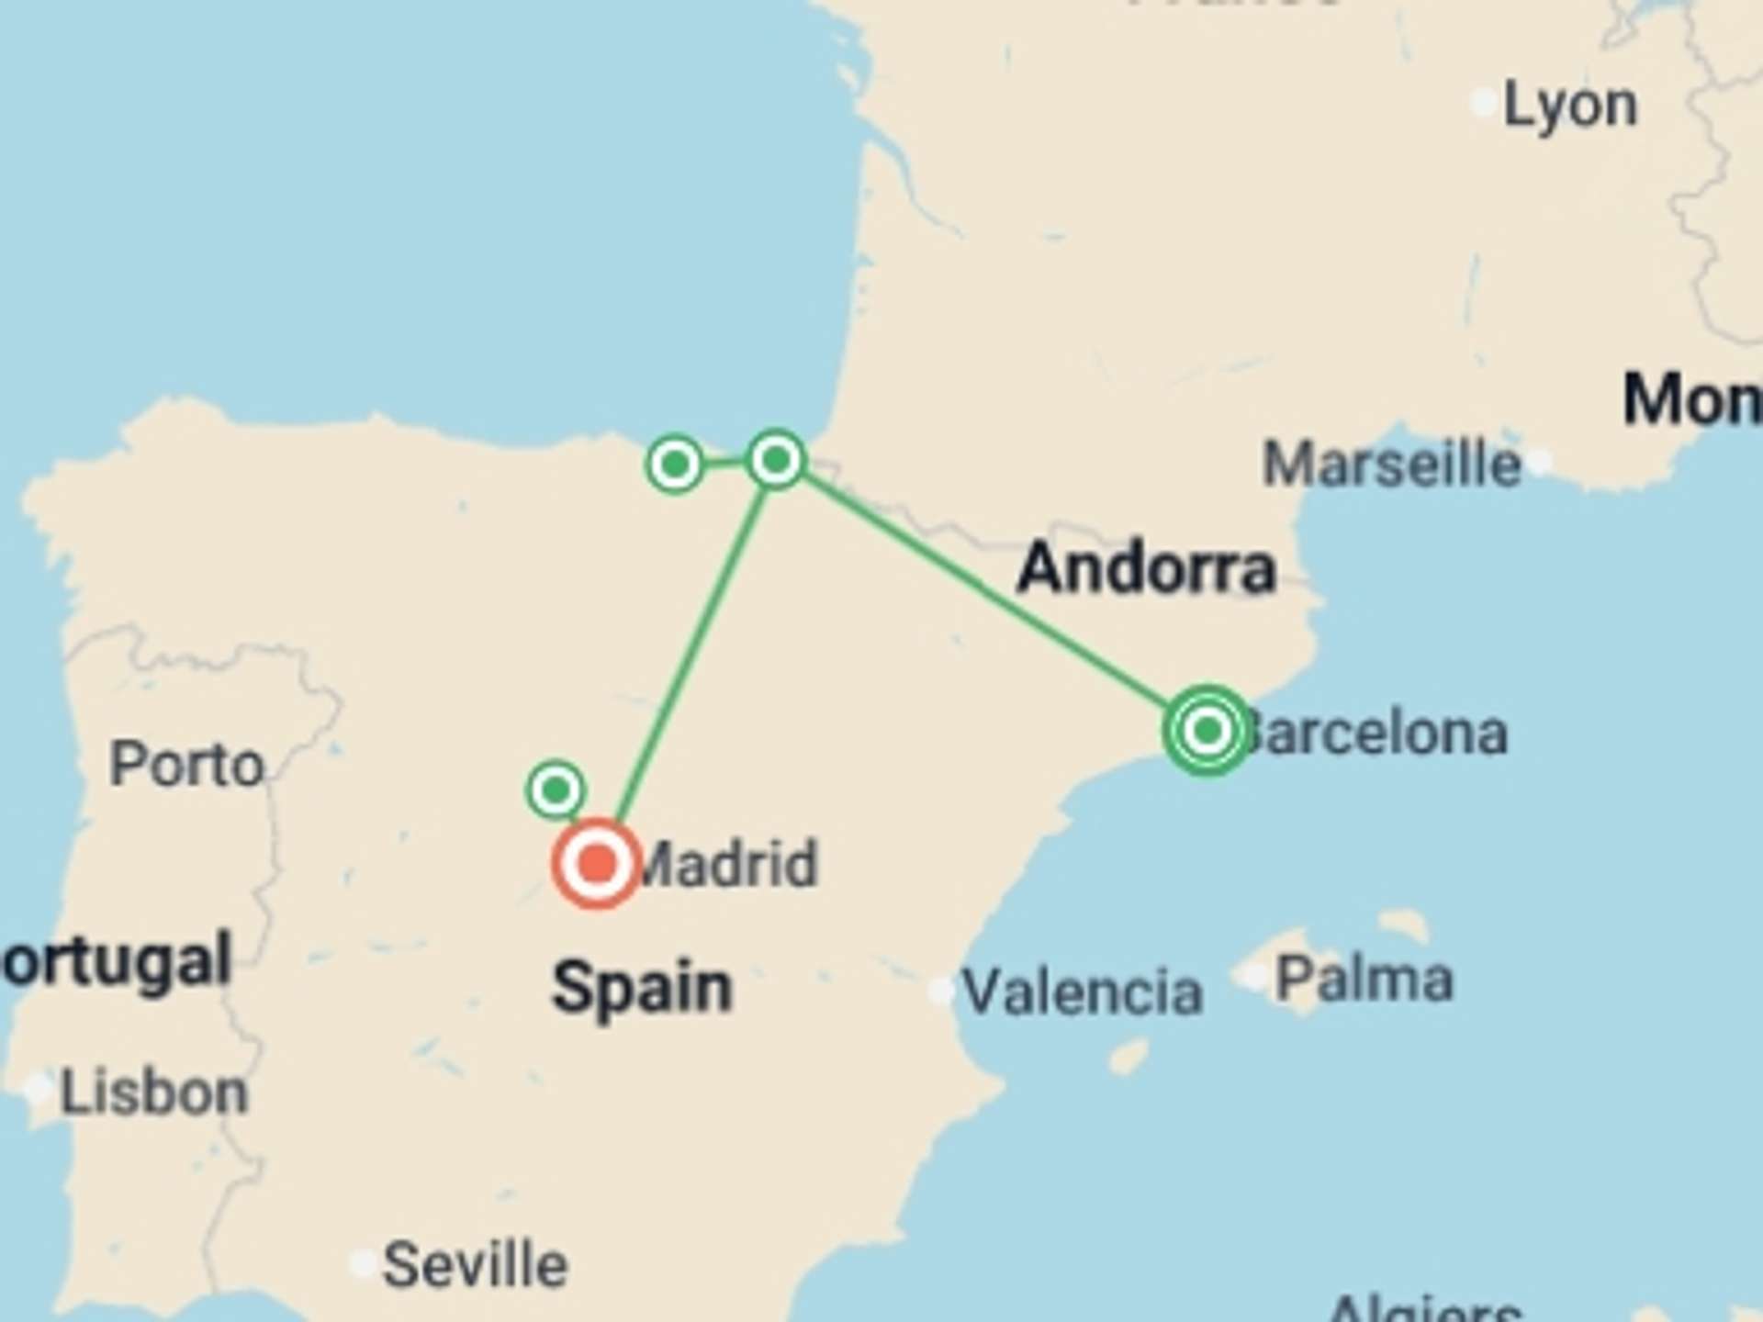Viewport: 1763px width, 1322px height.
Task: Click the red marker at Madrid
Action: click(597, 863)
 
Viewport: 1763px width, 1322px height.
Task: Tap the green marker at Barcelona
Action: click(1207, 731)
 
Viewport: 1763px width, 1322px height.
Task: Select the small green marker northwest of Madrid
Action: click(556, 790)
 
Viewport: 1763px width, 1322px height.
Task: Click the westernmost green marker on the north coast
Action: click(675, 465)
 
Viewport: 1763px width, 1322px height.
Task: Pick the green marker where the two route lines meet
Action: click(776, 459)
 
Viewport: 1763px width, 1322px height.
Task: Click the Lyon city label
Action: click(1570, 106)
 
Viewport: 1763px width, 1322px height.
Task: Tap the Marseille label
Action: click(1391, 465)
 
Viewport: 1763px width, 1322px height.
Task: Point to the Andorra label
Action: click(1146, 568)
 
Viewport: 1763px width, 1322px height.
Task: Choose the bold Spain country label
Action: click(642, 988)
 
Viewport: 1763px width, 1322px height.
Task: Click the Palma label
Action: click(1364, 980)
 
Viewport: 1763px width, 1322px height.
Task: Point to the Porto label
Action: click(187, 765)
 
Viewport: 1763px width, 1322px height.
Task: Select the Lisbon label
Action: click(154, 1092)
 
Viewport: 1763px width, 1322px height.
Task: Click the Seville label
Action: click(475, 1265)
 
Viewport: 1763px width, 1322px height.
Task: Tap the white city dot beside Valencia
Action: click(941, 991)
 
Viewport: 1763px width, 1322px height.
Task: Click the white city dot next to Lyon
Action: click(1484, 103)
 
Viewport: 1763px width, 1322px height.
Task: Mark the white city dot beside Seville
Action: click(363, 1264)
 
